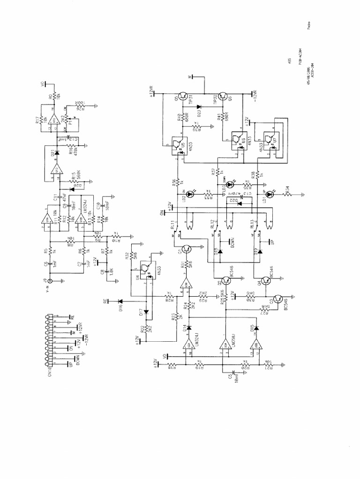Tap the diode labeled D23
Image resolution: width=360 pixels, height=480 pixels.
pos(199,107)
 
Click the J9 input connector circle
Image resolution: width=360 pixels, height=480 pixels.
pos(49,281)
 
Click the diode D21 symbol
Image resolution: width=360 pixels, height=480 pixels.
pos(56,153)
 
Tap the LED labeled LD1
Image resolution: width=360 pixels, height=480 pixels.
pos(269,194)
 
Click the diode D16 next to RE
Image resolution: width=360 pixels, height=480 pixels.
pos(120,301)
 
